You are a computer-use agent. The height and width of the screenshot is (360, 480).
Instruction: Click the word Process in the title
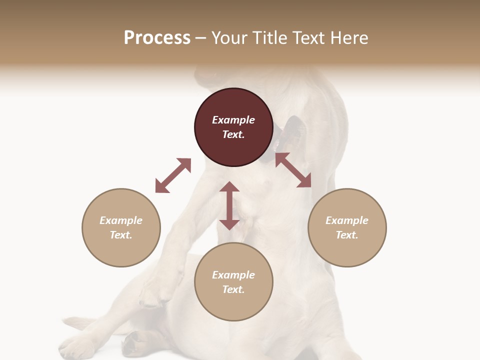157,38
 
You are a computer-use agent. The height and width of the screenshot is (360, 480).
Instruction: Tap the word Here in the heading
349,38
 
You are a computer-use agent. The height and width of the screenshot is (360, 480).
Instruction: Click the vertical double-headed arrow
229,205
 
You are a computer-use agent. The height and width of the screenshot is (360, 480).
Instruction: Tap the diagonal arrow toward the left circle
173,175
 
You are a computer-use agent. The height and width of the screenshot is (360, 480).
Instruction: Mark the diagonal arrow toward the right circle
293,170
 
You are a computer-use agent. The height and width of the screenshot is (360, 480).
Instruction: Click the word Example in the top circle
233,120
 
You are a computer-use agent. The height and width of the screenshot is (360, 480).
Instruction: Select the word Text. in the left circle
121,235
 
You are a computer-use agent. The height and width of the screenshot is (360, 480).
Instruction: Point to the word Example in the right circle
347,220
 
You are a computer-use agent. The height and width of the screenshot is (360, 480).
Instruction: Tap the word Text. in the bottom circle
233,289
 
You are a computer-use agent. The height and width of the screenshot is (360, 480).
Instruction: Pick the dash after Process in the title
200,38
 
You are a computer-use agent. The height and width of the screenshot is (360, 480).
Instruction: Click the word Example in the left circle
121,220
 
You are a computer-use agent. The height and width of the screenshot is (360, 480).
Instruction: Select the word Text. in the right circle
347,235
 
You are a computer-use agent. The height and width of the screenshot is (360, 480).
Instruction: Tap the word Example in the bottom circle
233,275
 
